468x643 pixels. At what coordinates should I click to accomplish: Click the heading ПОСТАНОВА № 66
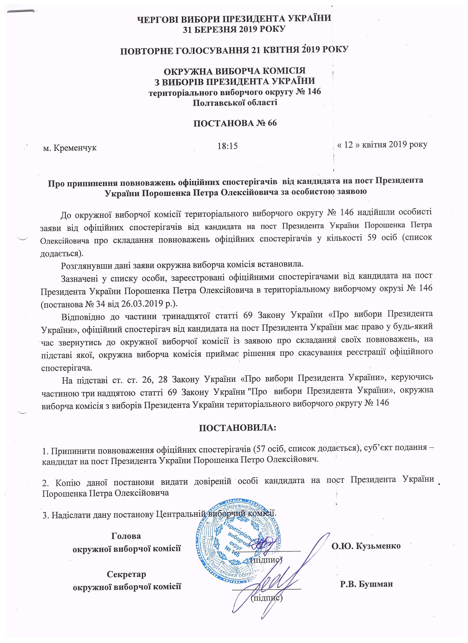235,123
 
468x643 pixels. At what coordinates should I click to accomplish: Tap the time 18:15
227,146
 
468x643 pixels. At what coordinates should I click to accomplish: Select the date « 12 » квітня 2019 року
382,145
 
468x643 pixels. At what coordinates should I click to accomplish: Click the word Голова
126,536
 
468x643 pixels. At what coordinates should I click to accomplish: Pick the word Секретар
126,574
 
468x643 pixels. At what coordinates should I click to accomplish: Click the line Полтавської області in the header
235,102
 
